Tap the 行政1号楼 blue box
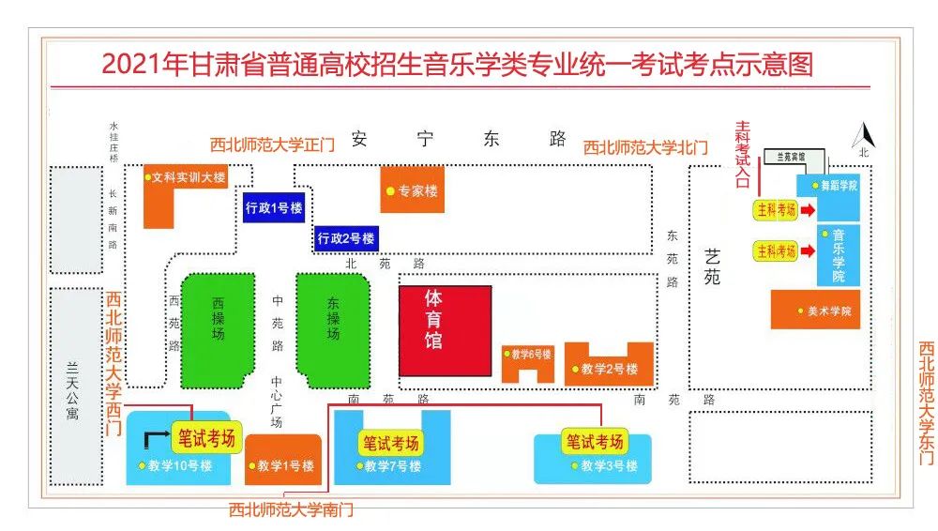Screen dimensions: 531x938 point(273,207)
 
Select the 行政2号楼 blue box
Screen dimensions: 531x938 point(346,238)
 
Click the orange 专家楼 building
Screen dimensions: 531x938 point(412,190)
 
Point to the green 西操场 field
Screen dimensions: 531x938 point(218,327)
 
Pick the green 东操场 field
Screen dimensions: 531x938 point(333,327)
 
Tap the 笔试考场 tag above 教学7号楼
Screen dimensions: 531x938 point(391,443)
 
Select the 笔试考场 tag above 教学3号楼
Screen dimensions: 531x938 point(595,441)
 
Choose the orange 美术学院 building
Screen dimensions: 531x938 point(814,310)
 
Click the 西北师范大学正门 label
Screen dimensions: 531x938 point(272,144)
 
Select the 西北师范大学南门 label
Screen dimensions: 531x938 point(292,510)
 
